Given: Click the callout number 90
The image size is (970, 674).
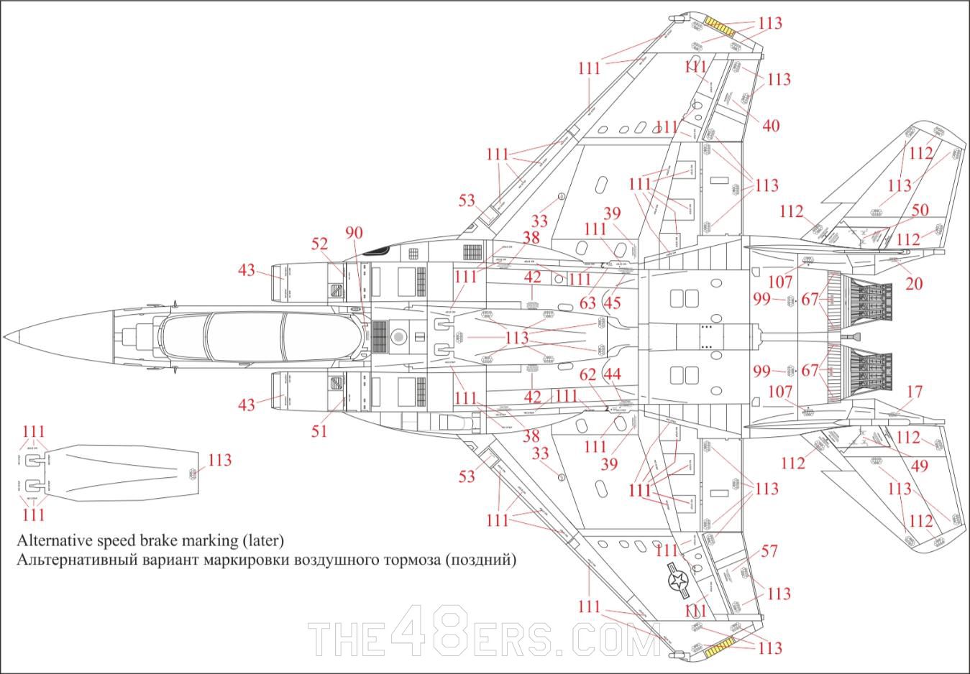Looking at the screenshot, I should coord(354,233).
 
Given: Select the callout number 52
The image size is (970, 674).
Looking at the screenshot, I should coord(320,244).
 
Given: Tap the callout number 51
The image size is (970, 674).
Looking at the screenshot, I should coord(319,430).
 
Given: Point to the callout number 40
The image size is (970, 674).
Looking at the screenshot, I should coord(770,126).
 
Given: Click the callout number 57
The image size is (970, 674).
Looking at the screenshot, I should coord(769,552).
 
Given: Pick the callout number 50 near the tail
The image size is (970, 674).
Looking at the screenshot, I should coord(920,211).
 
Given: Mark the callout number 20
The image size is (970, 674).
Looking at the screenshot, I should coord(913,284).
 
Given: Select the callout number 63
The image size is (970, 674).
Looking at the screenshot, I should coord(588,302).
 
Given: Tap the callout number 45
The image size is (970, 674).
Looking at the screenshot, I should coord(612,303).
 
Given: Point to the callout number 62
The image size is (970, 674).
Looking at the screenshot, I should coord(588,374).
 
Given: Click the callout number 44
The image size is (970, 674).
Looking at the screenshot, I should coord(612,374).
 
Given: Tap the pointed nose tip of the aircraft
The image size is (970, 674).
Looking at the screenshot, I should coord(6,337).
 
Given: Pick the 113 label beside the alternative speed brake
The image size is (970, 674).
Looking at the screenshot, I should coord(220,460).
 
